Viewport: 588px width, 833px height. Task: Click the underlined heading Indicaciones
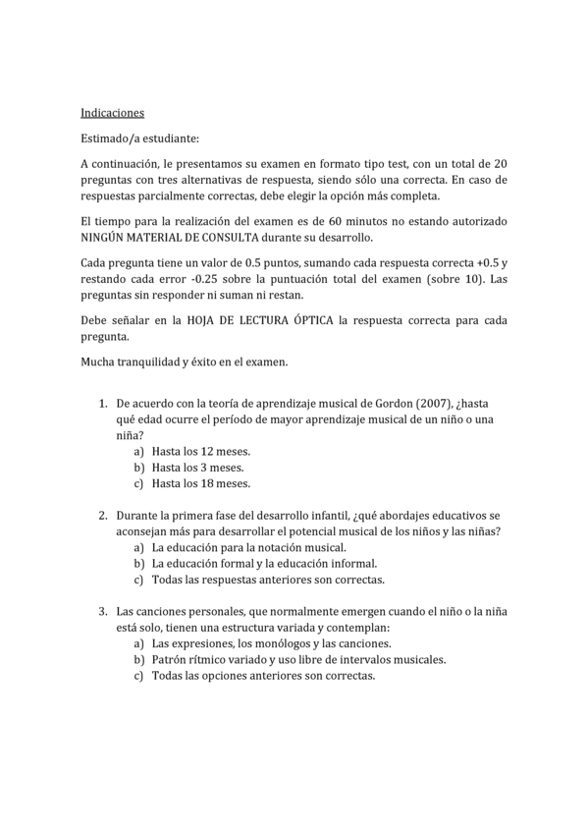click(x=112, y=113)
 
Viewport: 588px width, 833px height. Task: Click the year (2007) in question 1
click(x=435, y=404)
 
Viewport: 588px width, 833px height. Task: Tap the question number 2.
click(x=103, y=516)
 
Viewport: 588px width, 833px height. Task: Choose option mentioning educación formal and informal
click(x=263, y=564)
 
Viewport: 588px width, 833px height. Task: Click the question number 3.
click(x=103, y=611)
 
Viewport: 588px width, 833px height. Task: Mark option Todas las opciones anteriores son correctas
click(x=263, y=676)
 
